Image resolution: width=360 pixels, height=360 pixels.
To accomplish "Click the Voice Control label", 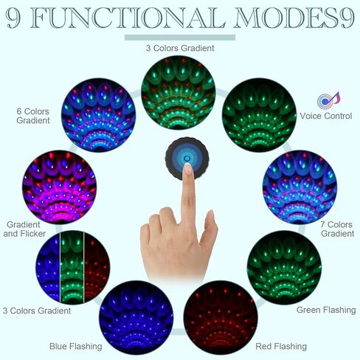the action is tap(326, 116).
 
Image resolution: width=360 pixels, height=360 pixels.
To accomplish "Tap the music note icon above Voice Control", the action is tap(328, 100).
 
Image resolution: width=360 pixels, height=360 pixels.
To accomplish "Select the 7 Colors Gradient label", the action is tap(337, 229).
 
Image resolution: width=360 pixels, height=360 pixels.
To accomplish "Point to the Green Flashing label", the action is tap(326, 310).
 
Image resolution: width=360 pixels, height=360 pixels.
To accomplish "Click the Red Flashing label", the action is tap(281, 346).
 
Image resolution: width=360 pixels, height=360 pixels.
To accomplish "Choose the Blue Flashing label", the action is tap(76, 346).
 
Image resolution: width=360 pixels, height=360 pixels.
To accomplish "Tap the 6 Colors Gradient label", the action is tap(33, 116).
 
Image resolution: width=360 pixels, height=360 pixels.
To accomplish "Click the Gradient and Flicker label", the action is tap(24, 229).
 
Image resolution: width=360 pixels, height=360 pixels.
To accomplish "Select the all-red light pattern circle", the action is tap(221, 317).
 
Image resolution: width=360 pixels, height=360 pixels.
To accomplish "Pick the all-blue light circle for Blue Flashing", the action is tap(136, 317).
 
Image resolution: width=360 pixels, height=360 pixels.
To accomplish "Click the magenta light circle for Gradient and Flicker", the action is tap(59, 187).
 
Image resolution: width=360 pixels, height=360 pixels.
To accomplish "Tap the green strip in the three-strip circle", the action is tap(72, 268).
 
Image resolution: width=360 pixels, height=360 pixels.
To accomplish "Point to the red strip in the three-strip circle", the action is tap(97, 268).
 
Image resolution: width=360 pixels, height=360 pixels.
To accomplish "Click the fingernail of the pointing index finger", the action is tap(187, 169).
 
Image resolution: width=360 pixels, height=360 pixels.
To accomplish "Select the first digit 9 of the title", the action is tap(13, 18).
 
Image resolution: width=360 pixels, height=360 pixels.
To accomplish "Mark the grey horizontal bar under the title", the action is tap(180, 38).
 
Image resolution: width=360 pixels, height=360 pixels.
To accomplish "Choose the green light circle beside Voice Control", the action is tap(259, 115).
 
